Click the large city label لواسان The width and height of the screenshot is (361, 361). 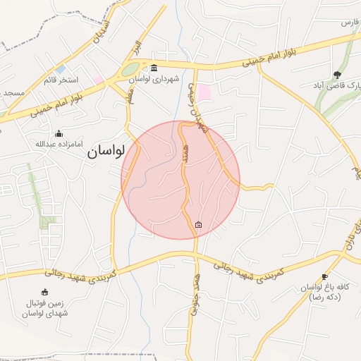coord(106,151)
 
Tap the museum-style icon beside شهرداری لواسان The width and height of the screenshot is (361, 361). coord(154,68)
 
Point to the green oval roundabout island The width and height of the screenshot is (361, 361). coord(131,70)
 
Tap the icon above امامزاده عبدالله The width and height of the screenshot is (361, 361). coord(59,134)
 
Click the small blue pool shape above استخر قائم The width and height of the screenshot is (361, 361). coord(61,70)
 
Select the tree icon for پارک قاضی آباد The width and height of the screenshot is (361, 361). coord(337,73)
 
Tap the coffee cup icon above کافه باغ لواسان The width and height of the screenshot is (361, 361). coord(324,276)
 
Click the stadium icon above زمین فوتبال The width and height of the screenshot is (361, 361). coord(46,292)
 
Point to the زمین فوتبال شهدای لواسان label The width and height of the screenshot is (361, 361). coord(46,307)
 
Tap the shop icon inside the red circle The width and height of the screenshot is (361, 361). coord(198,225)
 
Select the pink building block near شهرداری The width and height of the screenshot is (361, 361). coord(204,92)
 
